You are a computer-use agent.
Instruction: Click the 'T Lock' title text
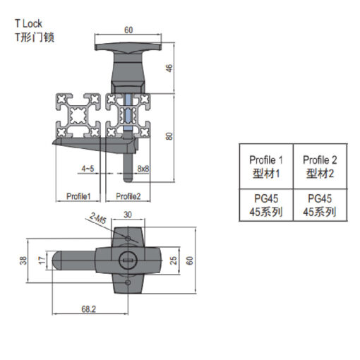pos(28,23)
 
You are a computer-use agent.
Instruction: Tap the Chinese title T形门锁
pos(35,37)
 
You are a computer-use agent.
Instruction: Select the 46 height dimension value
pos(169,68)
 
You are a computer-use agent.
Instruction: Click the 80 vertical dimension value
pos(169,136)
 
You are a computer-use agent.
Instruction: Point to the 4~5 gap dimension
pos(88,169)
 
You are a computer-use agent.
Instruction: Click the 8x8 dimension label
pos(143,169)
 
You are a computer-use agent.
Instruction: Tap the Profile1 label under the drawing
pos(78,196)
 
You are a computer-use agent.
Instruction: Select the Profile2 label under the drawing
pos(128,196)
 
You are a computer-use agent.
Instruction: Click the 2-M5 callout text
pos(98,218)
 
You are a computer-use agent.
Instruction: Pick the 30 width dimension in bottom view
pos(128,215)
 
